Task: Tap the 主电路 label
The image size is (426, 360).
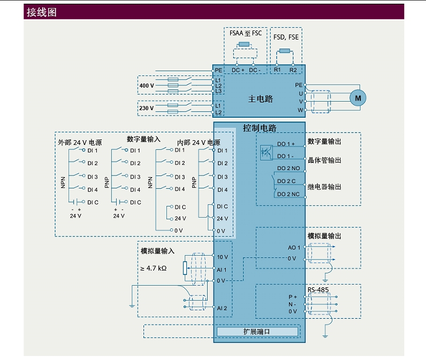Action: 261,99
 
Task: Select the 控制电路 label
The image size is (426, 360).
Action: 260,128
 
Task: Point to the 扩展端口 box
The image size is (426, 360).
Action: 257,332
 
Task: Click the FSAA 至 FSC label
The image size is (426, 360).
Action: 246,33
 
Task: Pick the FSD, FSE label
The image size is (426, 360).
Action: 286,37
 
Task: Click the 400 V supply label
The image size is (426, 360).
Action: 147,86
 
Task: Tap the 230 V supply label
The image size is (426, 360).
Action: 147,108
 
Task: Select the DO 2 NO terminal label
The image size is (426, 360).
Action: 288,168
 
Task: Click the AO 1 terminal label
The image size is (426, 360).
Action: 294,247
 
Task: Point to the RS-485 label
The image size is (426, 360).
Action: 318,290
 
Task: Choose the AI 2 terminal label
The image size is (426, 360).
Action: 222,308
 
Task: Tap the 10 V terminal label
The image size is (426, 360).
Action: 222,257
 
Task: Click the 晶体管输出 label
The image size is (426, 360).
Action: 324,160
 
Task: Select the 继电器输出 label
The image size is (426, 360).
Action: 324,187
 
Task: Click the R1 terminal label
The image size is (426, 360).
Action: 277,70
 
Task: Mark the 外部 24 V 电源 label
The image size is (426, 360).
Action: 80,143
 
